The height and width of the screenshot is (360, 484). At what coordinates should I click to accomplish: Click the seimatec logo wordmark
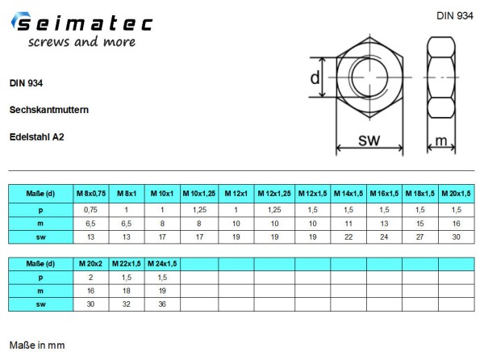pyautogui.click(x=82, y=23)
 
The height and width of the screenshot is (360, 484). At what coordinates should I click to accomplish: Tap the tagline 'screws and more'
pyautogui.click(x=81, y=42)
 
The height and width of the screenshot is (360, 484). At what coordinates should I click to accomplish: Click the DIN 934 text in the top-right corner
pyautogui.click(x=455, y=16)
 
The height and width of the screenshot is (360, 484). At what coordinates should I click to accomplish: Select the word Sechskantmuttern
pyautogui.click(x=49, y=110)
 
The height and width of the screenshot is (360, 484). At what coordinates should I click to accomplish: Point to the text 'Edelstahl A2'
pyautogui.click(x=37, y=136)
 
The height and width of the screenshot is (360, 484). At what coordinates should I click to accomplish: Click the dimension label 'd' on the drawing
pyautogui.click(x=315, y=77)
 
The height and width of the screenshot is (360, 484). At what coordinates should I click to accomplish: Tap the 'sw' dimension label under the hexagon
pyautogui.click(x=369, y=140)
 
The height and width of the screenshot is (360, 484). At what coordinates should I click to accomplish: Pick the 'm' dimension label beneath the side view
pyautogui.click(x=441, y=140)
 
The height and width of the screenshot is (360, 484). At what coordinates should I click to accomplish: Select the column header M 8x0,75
pyautogui.click(x=91, y=194)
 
